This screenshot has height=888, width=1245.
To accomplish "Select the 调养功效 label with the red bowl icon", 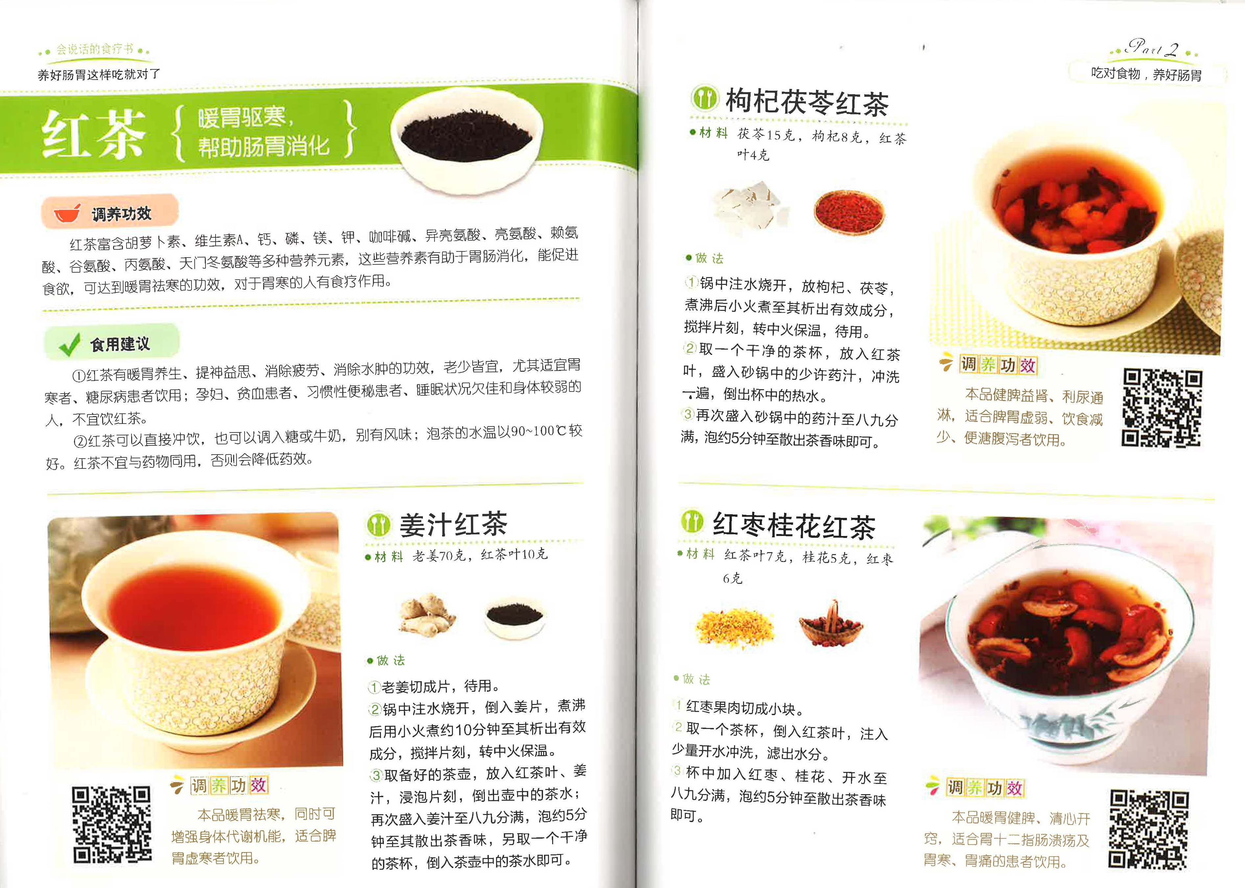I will coord(109,213).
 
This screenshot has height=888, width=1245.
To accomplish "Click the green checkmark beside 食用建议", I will coord(69,344).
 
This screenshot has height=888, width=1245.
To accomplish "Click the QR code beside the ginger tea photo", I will coord(112,825).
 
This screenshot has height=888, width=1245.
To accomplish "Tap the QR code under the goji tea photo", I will coord(1162,408).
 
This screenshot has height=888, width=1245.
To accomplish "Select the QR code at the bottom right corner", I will coord(1149,829).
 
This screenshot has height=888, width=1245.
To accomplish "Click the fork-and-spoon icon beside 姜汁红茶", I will coord(378,525).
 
